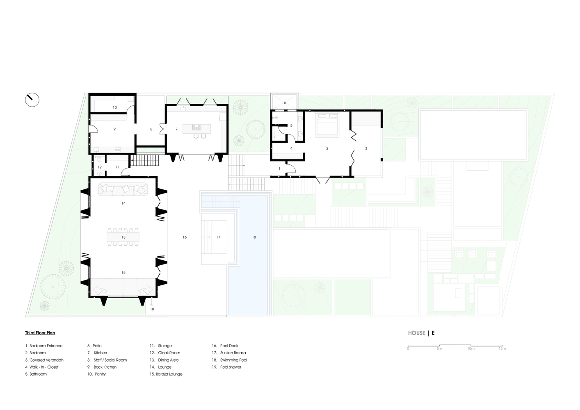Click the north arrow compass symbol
[x=32, y=100]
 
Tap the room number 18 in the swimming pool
[x=254, y=237]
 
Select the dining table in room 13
[x=123, y=237]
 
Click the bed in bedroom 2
[x=327, y=125]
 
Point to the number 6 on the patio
[x=285, y=103]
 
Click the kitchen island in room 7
[x=196, y=129]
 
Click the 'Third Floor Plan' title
[x=40, y=333]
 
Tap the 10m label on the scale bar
[x=471, y=348]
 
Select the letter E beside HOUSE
[x=433, y=333]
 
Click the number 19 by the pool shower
[x=152, y=309]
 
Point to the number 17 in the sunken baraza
[x=218, y=237]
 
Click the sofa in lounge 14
[x=123, y=189]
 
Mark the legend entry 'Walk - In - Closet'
[x=42, y=367]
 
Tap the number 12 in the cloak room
[x=100, y=167]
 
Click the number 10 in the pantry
[x=115, y=107]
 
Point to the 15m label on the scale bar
[x=502, y=348]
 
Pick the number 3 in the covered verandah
[x=366, y=148]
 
